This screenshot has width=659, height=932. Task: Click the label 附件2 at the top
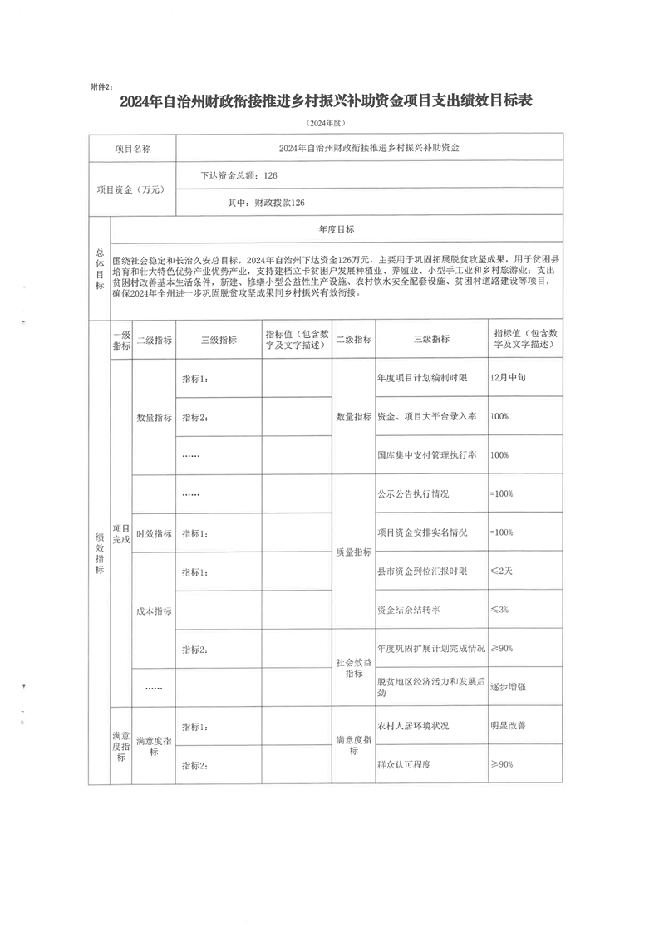point(105,86)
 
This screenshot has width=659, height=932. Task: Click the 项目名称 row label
point(133,149)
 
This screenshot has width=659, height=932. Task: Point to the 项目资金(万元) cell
point(133,189)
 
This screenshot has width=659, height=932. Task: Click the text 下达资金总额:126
point(239,175)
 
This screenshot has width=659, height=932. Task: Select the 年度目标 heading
point(337,229)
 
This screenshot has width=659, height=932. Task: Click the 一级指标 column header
point(120,340)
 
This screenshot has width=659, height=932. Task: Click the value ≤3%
point(500,610)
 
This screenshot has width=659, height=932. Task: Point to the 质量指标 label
point(353,552)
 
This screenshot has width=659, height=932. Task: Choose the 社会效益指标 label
point(353,667)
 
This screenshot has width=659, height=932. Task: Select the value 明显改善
point(508,725)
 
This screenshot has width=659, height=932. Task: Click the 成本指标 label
point(154,611)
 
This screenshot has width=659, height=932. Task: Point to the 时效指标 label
point(154,533)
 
